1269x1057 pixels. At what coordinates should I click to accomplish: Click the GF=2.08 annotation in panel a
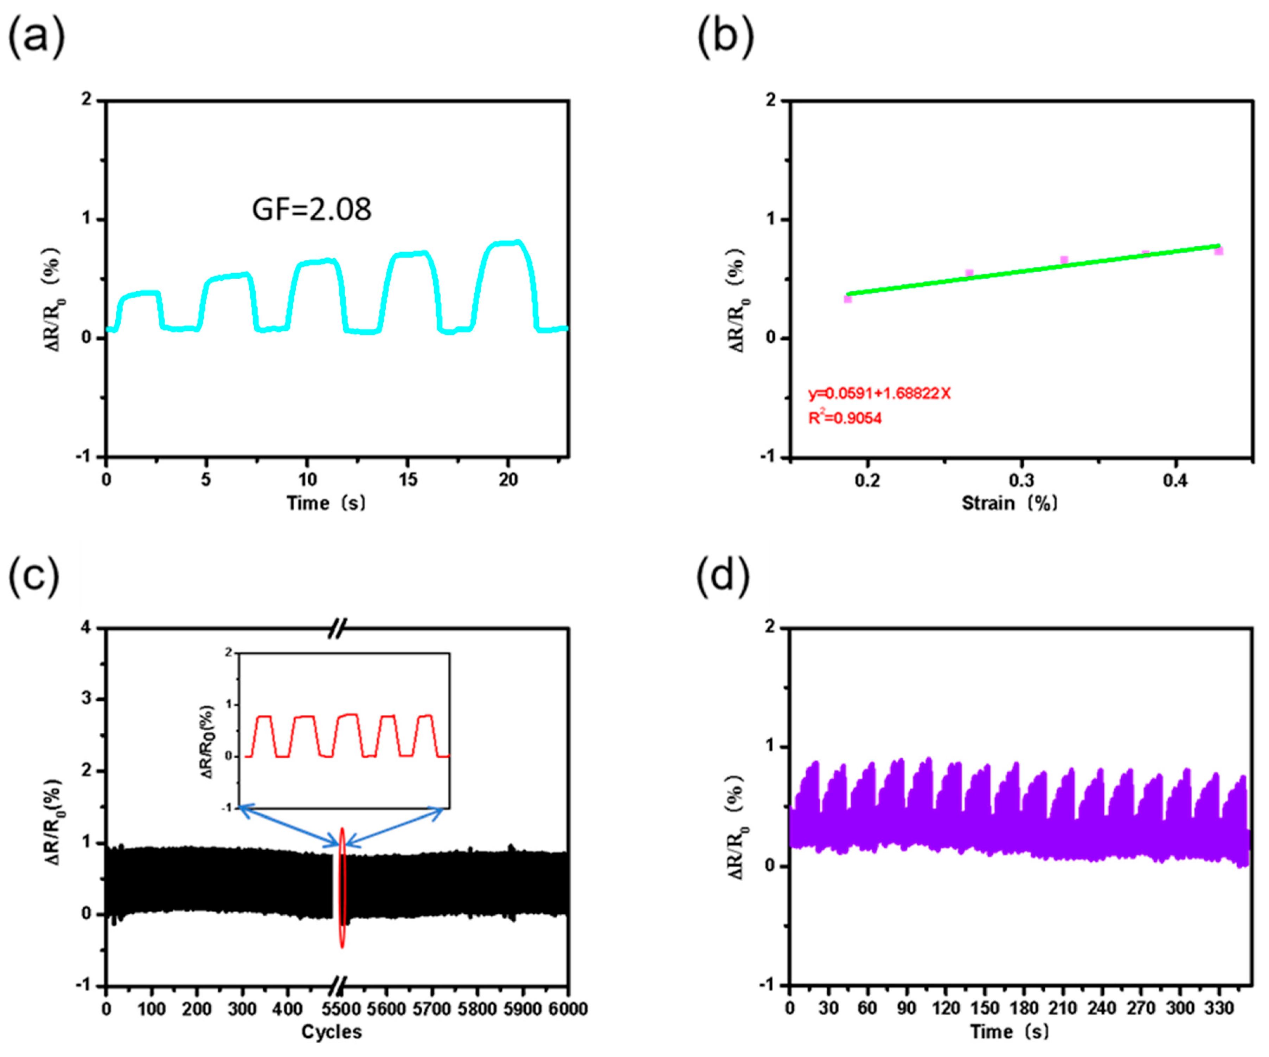tap(311, 209)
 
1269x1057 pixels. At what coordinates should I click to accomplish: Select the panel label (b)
tap(725, 38)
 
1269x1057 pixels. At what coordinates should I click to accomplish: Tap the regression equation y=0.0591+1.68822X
tap(879, 394)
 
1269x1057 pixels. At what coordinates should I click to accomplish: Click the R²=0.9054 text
tap(845, 418)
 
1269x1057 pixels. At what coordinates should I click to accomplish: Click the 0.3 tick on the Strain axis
tap(1021, 481)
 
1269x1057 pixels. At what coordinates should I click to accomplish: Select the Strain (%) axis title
tap(1009, 503)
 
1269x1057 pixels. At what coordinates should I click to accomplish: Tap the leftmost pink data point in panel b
tap(848, 298)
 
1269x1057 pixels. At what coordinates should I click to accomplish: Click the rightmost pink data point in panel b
tap(1219, 251)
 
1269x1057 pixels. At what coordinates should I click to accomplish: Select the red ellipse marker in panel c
tap(342, 888)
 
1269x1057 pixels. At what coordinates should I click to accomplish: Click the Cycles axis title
tap(331, 1032)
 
